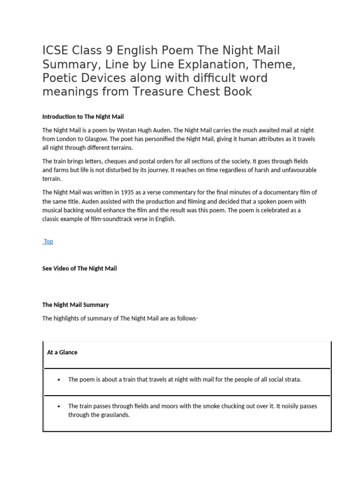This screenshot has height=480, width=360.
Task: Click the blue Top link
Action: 48,241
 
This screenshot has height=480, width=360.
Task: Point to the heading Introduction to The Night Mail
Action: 83,117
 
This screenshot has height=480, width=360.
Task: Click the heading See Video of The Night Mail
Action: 79,269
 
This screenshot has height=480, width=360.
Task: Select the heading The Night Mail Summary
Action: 75,305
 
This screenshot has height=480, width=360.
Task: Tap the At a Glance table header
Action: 62,352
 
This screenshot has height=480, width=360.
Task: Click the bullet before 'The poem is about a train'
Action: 59,380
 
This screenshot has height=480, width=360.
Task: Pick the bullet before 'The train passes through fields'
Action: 59,406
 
